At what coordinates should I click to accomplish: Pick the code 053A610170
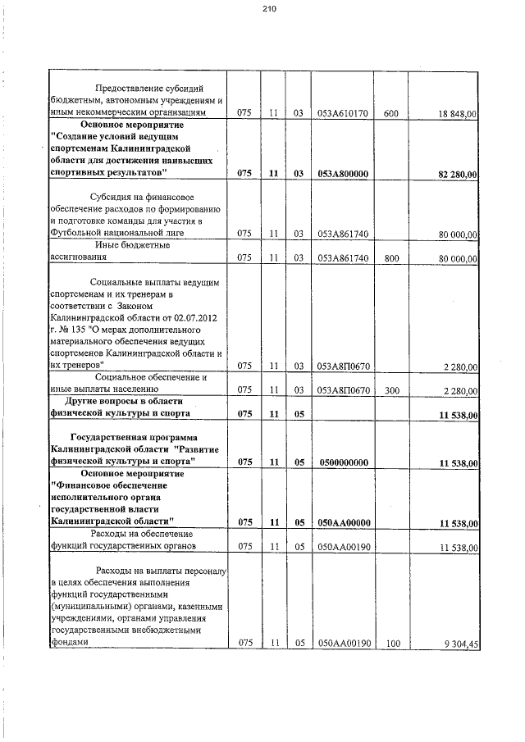341,112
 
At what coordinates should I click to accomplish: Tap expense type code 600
390,112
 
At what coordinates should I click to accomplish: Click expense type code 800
390,258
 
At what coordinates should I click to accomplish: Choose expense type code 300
390,390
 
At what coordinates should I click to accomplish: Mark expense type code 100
390,644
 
